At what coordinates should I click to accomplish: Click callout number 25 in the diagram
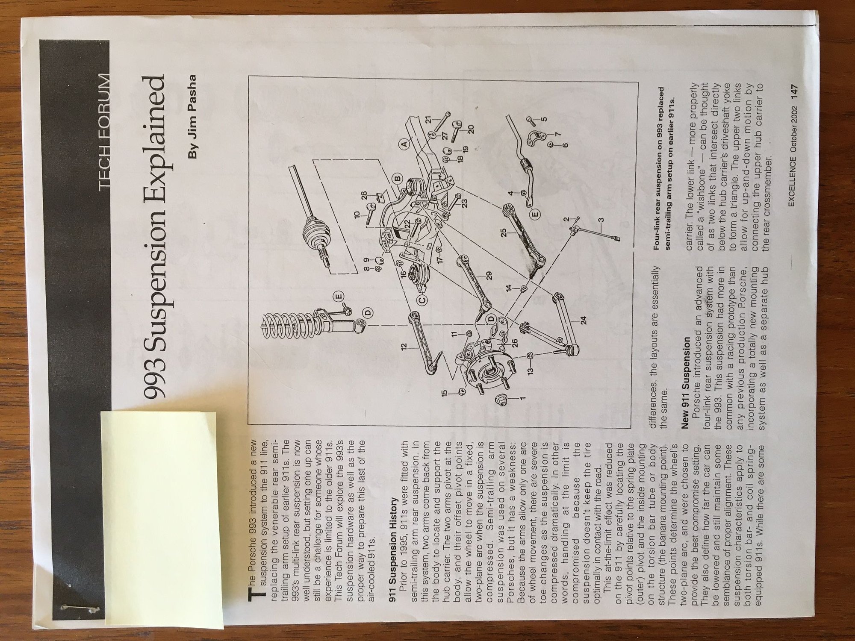point(504,232)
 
